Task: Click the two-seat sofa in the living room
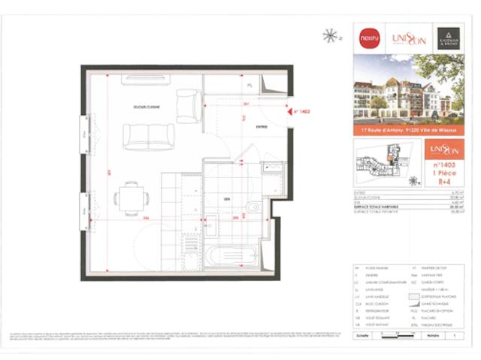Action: [x=149, y=135]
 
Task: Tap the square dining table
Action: [x=130, y=198]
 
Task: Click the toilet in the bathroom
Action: [x=253, y=207]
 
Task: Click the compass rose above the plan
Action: [x=328, y=35]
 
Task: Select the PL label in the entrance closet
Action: [x=249, y=85]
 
